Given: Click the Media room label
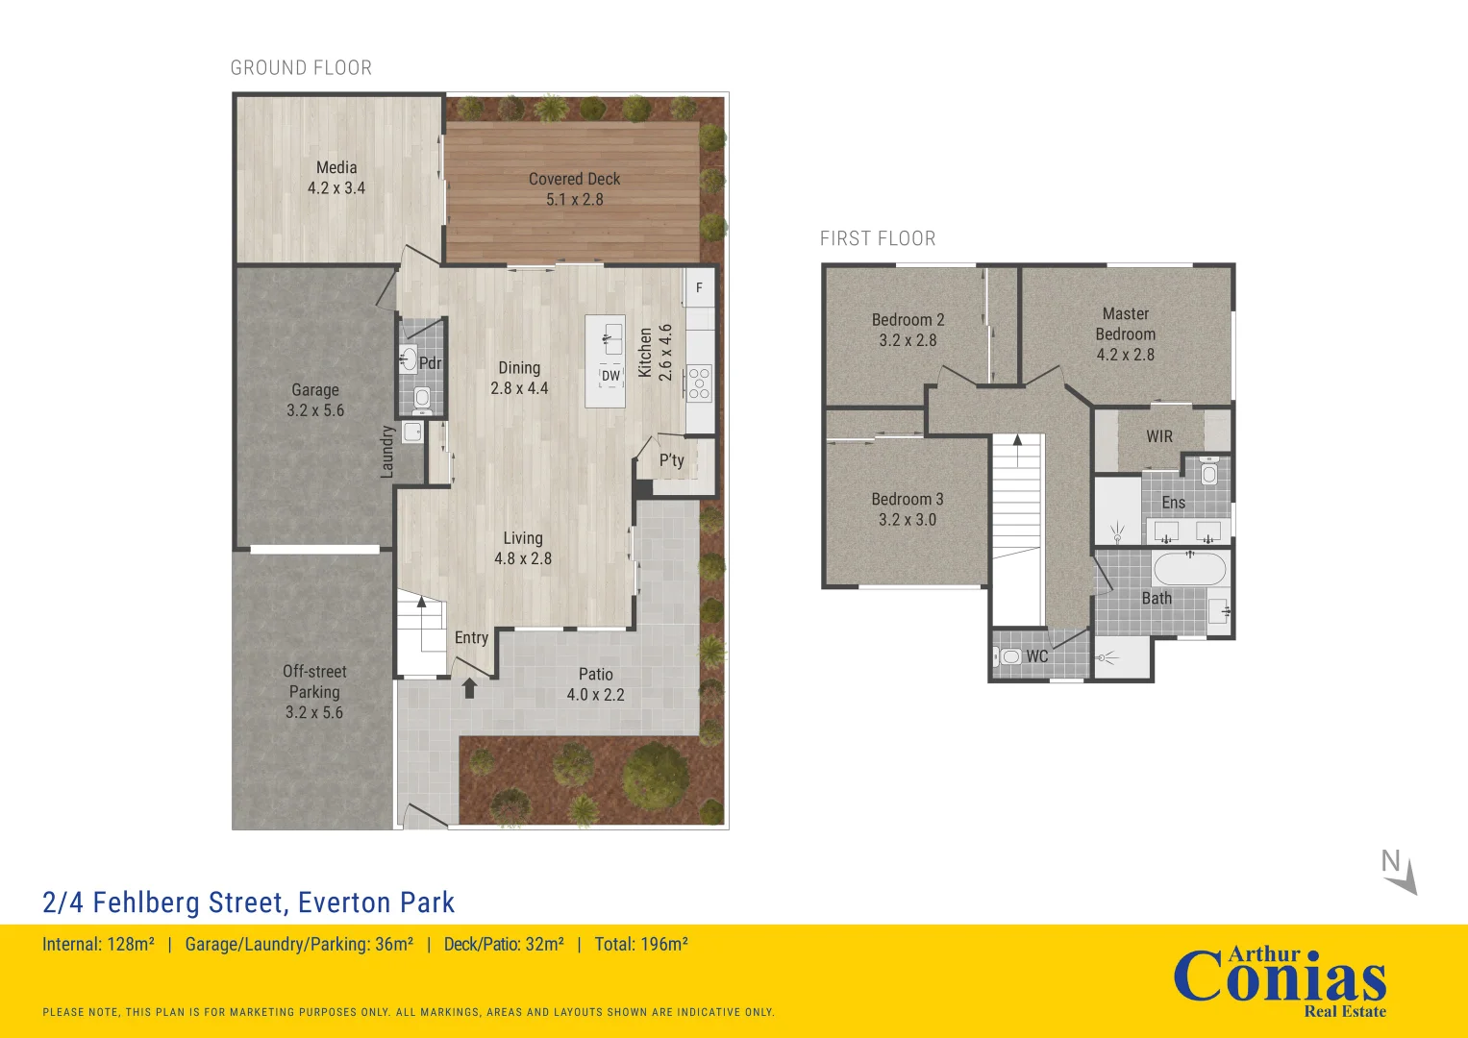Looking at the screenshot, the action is point(336,168).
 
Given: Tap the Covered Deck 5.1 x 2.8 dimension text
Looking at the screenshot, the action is point(575,199).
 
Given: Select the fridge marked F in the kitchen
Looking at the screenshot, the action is point(699,287).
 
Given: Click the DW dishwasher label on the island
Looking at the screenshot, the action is point(610,376).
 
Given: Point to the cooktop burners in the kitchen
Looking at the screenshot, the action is point(699,383).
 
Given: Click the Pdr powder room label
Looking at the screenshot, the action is point(430,363).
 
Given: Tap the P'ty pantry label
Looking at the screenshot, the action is point(672,460).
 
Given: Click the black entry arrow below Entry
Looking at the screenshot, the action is point(469,688).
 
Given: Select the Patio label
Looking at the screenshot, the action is point(596,675).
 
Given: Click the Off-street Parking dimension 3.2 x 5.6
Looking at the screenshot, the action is point(314,712).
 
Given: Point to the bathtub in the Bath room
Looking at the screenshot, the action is point(1189,569).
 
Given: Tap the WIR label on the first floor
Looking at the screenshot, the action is point(1159,436).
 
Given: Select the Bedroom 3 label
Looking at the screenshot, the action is point(907,500).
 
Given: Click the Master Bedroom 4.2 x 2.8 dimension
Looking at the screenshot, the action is point(1125,355).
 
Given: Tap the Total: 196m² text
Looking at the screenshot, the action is point(641,944).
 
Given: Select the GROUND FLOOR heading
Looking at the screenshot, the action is point(302,67).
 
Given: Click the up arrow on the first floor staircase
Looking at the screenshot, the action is point(1017,450).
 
